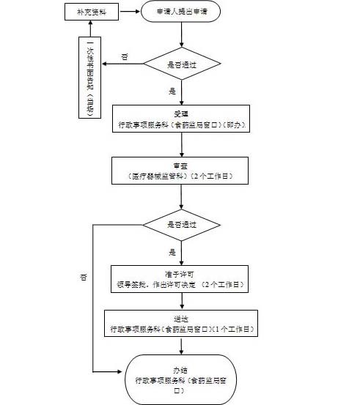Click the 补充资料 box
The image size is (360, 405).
coord(90,12)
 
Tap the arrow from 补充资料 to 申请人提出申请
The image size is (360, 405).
coord(128,12)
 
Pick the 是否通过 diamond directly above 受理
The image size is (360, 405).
coord(180,64)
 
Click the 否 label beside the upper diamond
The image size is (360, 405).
coord(124,56)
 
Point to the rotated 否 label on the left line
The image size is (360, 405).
coord(84,278)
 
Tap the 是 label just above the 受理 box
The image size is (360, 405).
coord(173,92)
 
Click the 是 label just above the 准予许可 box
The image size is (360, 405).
coord(173,251)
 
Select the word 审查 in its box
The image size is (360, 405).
coord(180,166)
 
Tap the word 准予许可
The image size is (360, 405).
coord(180,272)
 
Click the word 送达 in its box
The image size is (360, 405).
coord(180,319)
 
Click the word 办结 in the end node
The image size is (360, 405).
coord(180,371)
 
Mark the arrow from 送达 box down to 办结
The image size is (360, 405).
coord(180,346)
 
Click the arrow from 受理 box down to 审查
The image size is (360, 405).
coord(180,145)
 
